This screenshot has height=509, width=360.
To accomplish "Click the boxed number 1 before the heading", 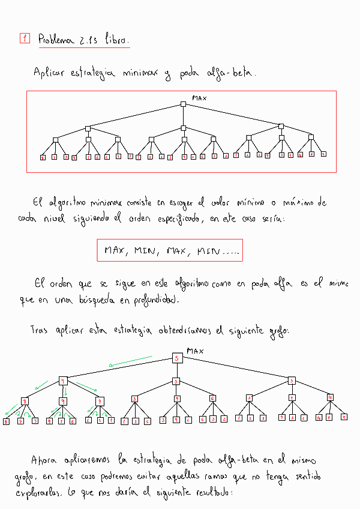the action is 25,39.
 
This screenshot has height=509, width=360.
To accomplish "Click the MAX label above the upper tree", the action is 199,97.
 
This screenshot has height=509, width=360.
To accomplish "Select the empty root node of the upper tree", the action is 184,104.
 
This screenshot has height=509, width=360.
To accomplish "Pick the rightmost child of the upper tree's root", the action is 281,126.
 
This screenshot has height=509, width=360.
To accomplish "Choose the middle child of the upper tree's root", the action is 184,127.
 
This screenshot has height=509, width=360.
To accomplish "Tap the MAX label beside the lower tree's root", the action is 196,351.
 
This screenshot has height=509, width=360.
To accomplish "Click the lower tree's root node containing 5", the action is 177,358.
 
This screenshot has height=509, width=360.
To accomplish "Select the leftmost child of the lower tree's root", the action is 62,381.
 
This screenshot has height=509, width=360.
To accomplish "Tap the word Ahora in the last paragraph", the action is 44,460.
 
